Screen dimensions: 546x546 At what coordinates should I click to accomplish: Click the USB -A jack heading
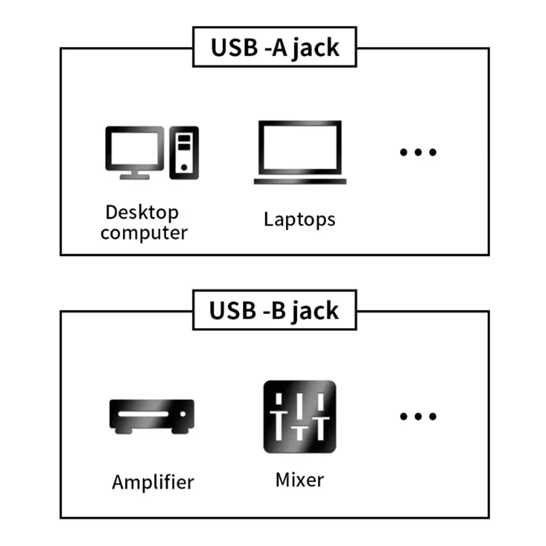coord(274,48)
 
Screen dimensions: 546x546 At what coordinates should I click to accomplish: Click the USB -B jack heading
coord(274,310)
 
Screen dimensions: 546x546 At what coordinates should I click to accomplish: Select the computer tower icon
coord(184,153)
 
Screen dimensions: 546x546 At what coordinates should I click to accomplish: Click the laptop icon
coord(300,152)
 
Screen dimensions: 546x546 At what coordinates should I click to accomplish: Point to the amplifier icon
coord(152,415)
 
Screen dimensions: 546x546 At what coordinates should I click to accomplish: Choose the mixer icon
coord(300,417)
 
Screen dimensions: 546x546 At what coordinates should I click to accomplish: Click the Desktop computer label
coord(144,222)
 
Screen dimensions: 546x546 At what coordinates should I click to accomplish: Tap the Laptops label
coord(300,219)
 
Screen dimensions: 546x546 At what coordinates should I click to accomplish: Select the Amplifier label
coord(153,482)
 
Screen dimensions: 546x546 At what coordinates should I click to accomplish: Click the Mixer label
coord(300,480)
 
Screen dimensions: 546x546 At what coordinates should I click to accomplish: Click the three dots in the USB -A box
coord(418,152)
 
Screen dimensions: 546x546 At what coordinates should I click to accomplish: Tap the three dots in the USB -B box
coord(418,416)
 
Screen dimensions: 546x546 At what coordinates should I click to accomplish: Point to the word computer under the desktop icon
coord(144,233)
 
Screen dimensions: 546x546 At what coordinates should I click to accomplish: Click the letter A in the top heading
coord(278,48)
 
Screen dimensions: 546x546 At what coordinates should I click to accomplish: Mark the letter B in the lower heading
coord(278,310)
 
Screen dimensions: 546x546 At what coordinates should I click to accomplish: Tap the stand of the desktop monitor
coord(134,175)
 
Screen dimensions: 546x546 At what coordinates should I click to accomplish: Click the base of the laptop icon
coord(300,182)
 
